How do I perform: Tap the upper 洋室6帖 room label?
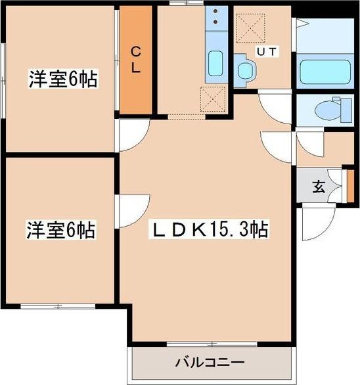point(62,80)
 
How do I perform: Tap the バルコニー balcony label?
point(210,362)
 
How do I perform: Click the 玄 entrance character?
point(318,187)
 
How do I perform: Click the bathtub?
point(326,71)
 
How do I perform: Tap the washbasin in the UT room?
point(246,68)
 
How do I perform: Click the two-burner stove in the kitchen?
point(215,20)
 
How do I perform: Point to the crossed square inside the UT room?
point(250,26)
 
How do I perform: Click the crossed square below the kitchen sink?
point(214,99)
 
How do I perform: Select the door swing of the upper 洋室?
point(131,135)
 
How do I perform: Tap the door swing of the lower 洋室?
point(131,210)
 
